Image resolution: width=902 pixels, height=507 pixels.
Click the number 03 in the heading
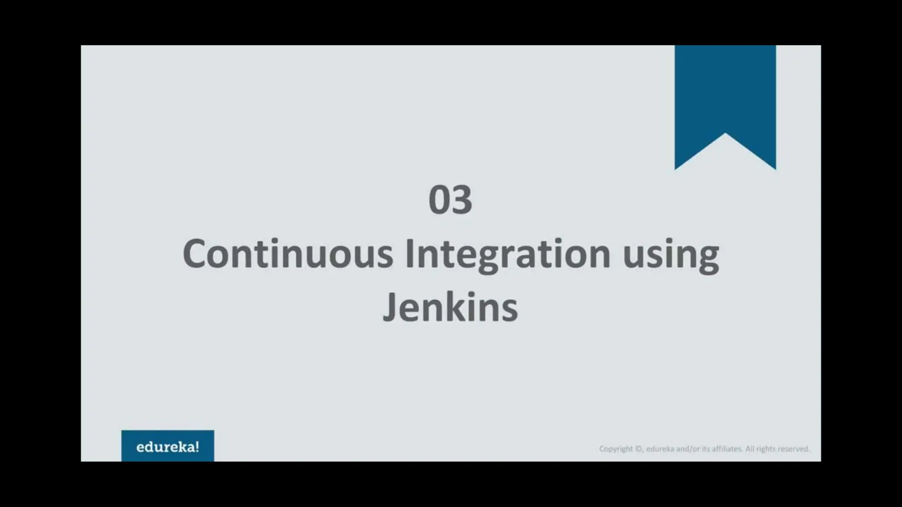coord(450,200)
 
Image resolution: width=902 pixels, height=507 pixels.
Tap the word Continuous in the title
coord(288,254)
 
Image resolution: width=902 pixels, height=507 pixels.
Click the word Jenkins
coord(450,307)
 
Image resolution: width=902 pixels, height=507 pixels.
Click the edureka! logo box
coord(168,446)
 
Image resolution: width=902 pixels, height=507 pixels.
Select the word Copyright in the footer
coord(616,449)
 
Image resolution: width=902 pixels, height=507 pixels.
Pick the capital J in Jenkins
coord(390,307)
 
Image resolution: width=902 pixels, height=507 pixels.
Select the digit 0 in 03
coord(439,200)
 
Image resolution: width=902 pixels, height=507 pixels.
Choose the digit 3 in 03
coord(462,200)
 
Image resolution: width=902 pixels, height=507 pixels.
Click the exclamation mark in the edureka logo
coord(197,447)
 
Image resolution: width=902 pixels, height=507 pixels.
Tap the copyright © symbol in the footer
coord(638,449)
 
